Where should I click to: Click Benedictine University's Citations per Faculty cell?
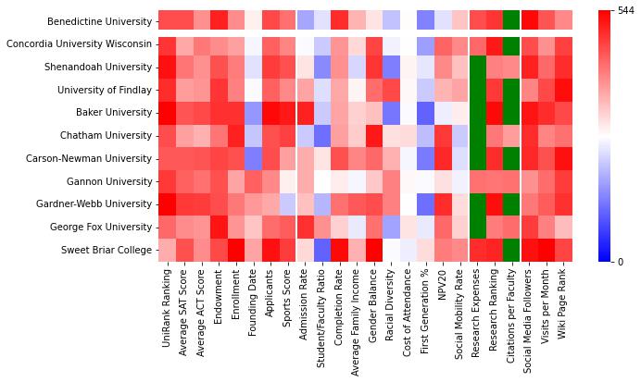pyautogui.click(x=510, y=21)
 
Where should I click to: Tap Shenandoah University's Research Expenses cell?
pyautogui.click(x=478, y=68)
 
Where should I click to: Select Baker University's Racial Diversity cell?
pyautogui.click(x=391, y=113)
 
